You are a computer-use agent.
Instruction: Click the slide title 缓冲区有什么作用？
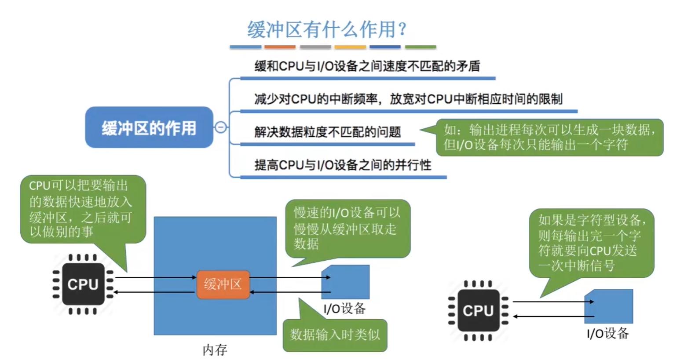click(327, 29)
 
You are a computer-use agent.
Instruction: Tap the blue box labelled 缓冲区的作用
click(149, 127)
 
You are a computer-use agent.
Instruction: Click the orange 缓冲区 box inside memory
click(223, 284)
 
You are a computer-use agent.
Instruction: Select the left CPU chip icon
click(83, 284)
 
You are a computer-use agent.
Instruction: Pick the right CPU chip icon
click(478, 310)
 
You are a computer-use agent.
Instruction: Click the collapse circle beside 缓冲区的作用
click(220, 127)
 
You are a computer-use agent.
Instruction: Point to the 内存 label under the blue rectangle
click(215, 350)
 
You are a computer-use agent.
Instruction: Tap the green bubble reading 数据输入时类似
click(335, 335)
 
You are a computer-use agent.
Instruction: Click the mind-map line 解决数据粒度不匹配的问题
click(328, 132)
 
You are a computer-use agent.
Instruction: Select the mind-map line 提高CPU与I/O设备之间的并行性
click(343, 165)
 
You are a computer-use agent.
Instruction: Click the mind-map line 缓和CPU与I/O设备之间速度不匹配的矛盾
click(367, 66)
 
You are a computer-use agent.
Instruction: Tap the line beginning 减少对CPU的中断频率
click(408, 99)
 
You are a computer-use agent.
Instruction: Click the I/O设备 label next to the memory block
click(344, 309)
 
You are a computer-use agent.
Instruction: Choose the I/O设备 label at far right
click(608, 333)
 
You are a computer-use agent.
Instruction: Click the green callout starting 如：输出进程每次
click(549, 137)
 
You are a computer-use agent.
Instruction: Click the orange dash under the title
click(280, 47)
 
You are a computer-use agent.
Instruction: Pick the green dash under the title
click(421, 47)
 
